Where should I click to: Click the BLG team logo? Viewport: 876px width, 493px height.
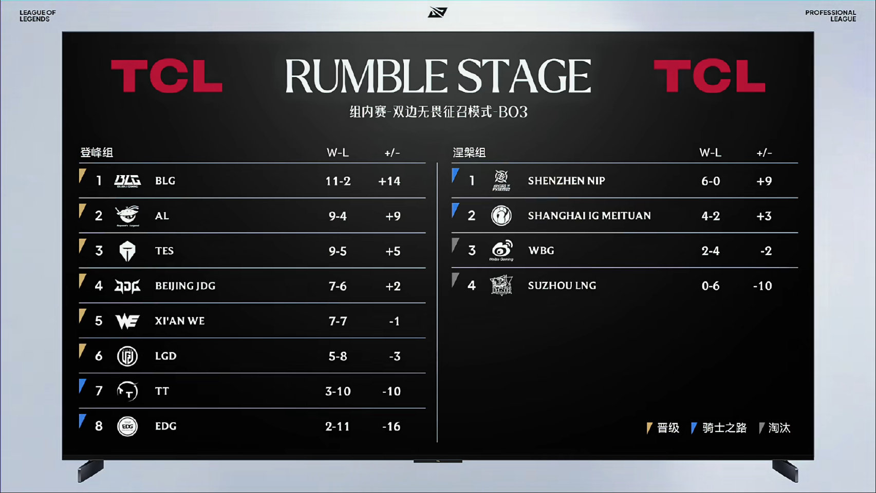(127, 181)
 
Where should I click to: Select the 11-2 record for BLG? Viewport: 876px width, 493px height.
(338, 181)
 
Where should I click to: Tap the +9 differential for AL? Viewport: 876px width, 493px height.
(393, 216)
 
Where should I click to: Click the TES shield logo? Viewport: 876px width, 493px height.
(127, 251)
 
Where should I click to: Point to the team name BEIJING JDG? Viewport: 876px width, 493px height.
(185, 286)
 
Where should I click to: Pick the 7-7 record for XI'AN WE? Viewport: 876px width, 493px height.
(338, 321)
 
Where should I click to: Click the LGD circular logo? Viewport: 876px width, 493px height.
(127, 356)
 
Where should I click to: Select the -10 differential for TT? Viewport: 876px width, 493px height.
(392, 391)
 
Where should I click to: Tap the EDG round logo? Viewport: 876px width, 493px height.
(127, 426)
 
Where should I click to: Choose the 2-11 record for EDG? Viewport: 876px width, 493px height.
(338, 426)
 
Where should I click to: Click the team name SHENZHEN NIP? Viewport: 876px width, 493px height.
(566, 181)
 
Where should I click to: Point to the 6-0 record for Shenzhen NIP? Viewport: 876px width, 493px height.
(711, 181)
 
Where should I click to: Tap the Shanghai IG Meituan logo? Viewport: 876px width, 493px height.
(501, 215)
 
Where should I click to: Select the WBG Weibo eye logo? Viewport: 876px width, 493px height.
(501, 250)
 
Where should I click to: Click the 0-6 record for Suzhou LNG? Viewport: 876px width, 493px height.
(711, 286)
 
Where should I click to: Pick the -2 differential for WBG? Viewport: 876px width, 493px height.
(766, 251)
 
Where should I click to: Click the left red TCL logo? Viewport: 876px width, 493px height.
(167, 76)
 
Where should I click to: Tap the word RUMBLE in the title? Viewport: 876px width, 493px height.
(366, 76)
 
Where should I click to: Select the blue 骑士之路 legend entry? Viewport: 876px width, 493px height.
(719, 428)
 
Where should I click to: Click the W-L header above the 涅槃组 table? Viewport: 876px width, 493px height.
(710, 153)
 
